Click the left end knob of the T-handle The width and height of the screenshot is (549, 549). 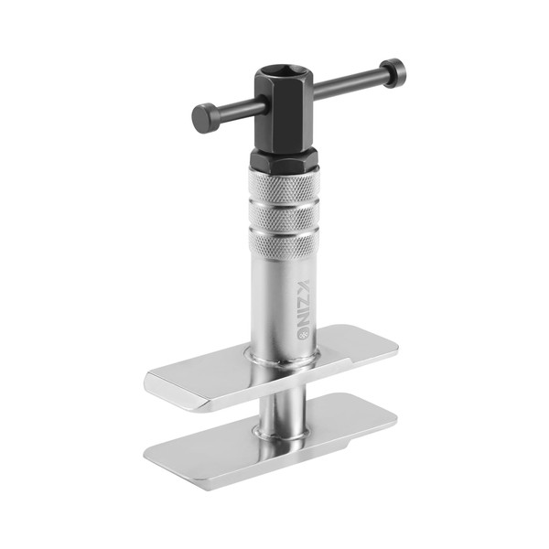coord(204,118)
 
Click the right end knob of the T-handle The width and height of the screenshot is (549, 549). coord(393,73)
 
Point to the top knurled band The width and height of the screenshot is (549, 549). coord(284,185)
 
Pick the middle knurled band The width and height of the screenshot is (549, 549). coord(284,216)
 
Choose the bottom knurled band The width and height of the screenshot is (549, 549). coord(284,245)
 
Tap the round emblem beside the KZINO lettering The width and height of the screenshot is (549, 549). coord(303,334)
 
